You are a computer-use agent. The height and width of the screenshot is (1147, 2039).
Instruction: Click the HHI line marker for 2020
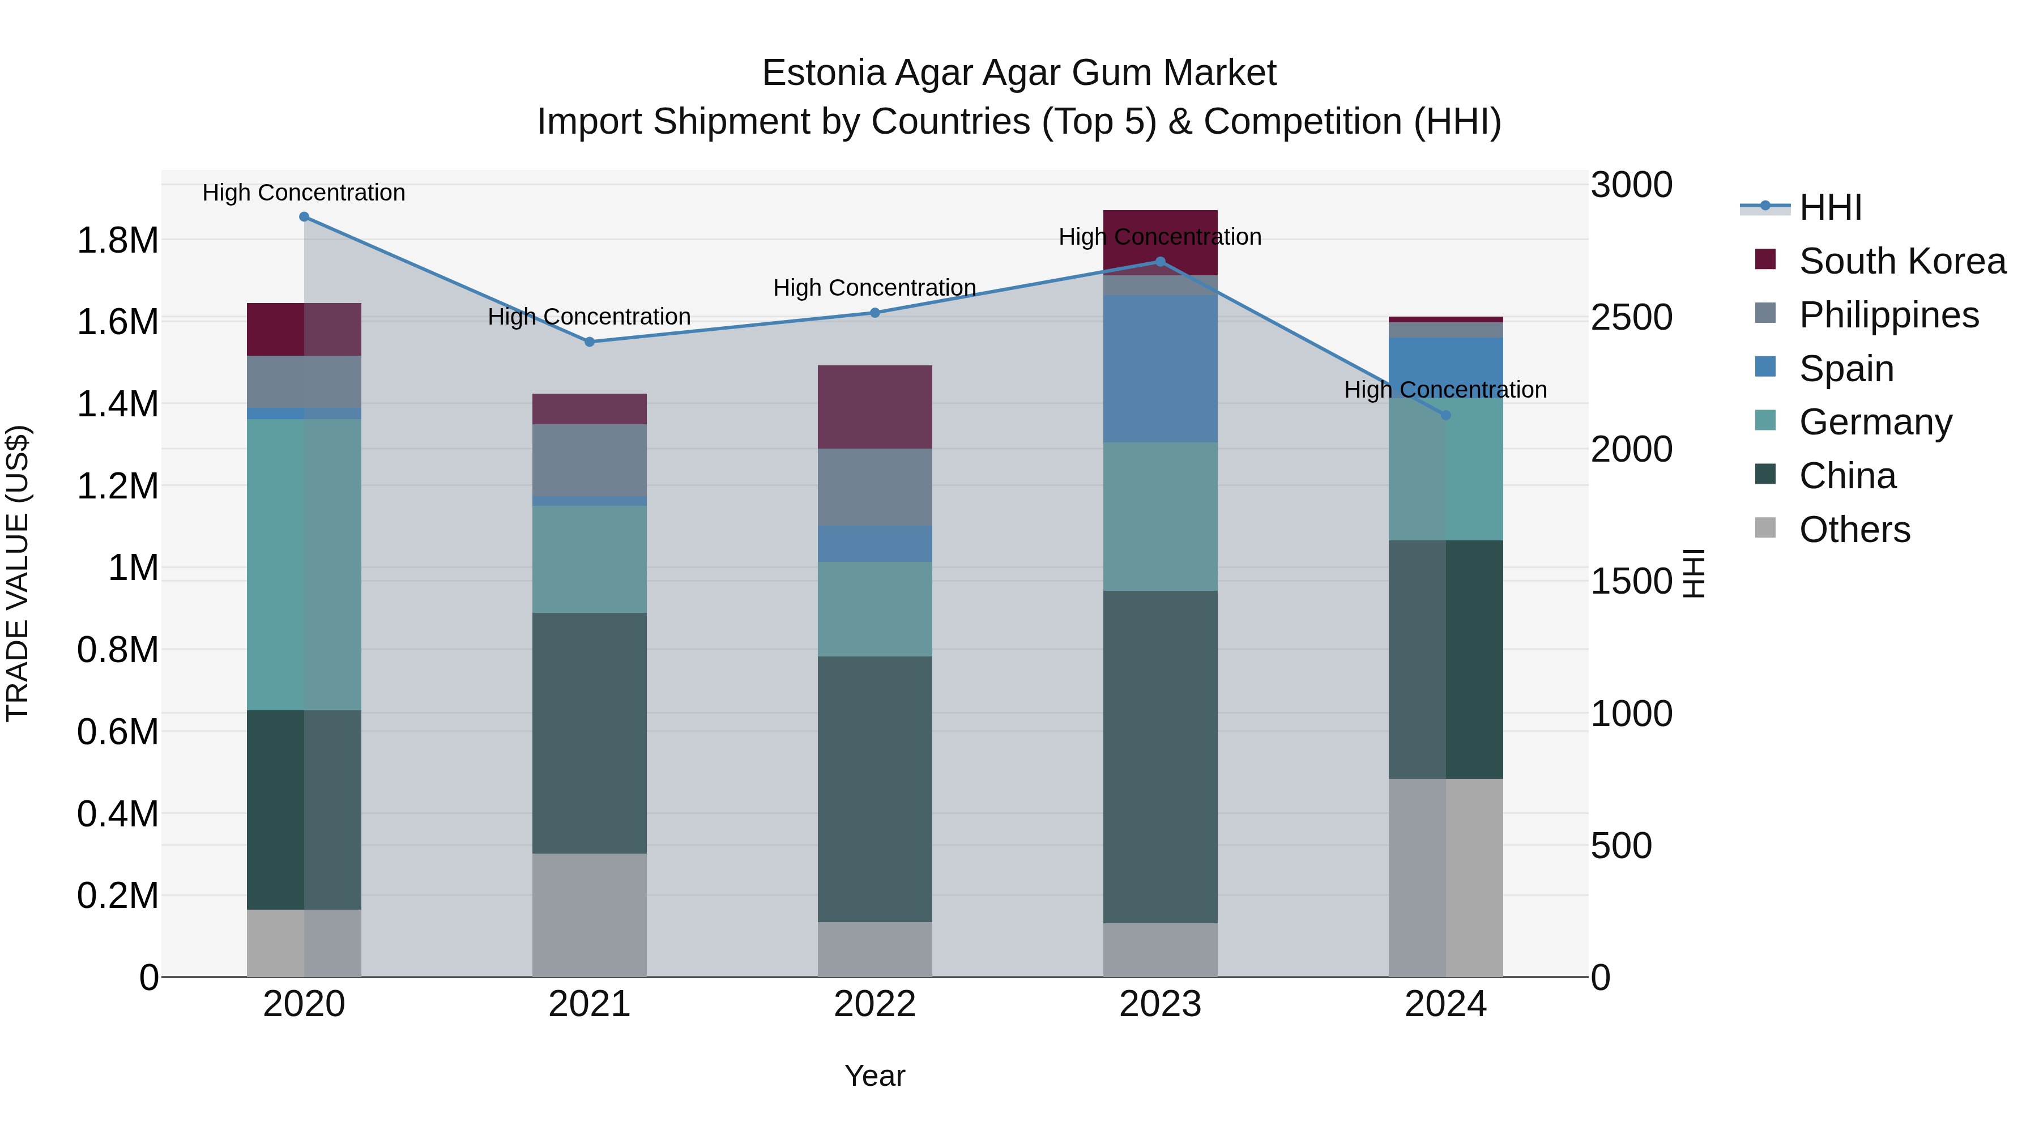pyautogui.click(x=304, y=217)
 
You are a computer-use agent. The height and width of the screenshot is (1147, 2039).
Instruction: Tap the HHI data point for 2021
pyautogui.click(x=589, y=342)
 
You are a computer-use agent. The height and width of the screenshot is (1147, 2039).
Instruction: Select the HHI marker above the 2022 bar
pyautogui.click(x=875, y=313)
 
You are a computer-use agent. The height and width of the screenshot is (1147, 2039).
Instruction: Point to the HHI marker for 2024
pyautogui.click(x=1445, y=415)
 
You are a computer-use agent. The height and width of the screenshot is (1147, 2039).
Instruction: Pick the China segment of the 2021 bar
pyautogui.click(x=589, y=732)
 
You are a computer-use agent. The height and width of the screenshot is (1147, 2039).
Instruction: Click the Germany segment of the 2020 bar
pyautogui.click(x=304, y=564)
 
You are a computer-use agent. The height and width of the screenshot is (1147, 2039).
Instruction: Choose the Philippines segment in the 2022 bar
pyautogui.click(x=875, y=487)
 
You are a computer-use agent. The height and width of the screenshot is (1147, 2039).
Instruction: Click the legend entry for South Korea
pyautogui.click(x=1902, y=261)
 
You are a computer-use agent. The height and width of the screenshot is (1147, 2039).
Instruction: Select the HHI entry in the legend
pyautogui.click(x=1830, y=207)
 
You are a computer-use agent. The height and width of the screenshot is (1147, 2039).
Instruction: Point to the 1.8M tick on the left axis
pyautogui.click(x=117, y=240)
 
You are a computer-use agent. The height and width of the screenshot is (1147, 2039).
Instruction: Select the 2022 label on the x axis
pyautogui.click(x=875, y=1004)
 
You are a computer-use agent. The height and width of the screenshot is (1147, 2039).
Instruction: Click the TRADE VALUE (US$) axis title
pyautogui.click(x=18, y=573)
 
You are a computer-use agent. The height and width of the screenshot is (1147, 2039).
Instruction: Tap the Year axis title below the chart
pyautogui.click(x=875, y=1076)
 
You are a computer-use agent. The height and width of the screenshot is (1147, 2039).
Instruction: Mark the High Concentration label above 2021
pyautogui.click(x=589, y=317)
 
